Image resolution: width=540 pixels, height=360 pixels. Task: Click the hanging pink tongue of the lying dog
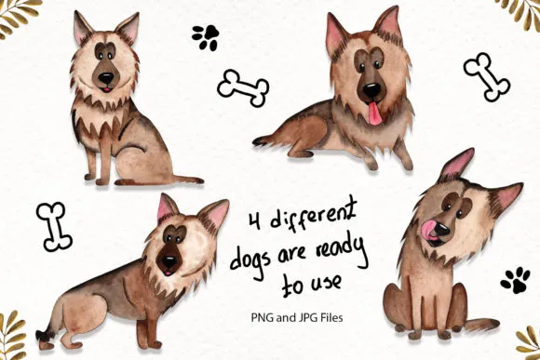pyautogui.click(x=375, y=114)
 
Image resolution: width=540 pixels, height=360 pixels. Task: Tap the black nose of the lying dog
pyautogui.click(x=371, y=90)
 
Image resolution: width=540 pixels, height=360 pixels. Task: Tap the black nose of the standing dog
pyautogui.click(x=169, y=262)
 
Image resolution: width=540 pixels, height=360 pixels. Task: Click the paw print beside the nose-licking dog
pyautogui.click(x=516, y=280)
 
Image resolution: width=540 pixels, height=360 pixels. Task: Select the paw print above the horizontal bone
pyautogui.click(x=206, y=37)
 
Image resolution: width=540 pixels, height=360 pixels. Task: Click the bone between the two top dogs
pyautogui.click(x=243, y=87)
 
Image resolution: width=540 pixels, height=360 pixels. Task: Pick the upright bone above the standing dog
pyautogui.click(x=54, y=226)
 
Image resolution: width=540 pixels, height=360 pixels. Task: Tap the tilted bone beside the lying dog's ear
pyautogui.click(x=487, y=77)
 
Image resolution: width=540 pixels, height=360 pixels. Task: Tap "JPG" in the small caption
pyautogui.click(x=304, y=317)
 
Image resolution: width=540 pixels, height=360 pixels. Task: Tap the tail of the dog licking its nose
pyautogui.click(x=483, y=325)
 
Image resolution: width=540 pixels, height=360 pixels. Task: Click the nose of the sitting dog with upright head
pyautogui.click(x=106, y=78)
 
